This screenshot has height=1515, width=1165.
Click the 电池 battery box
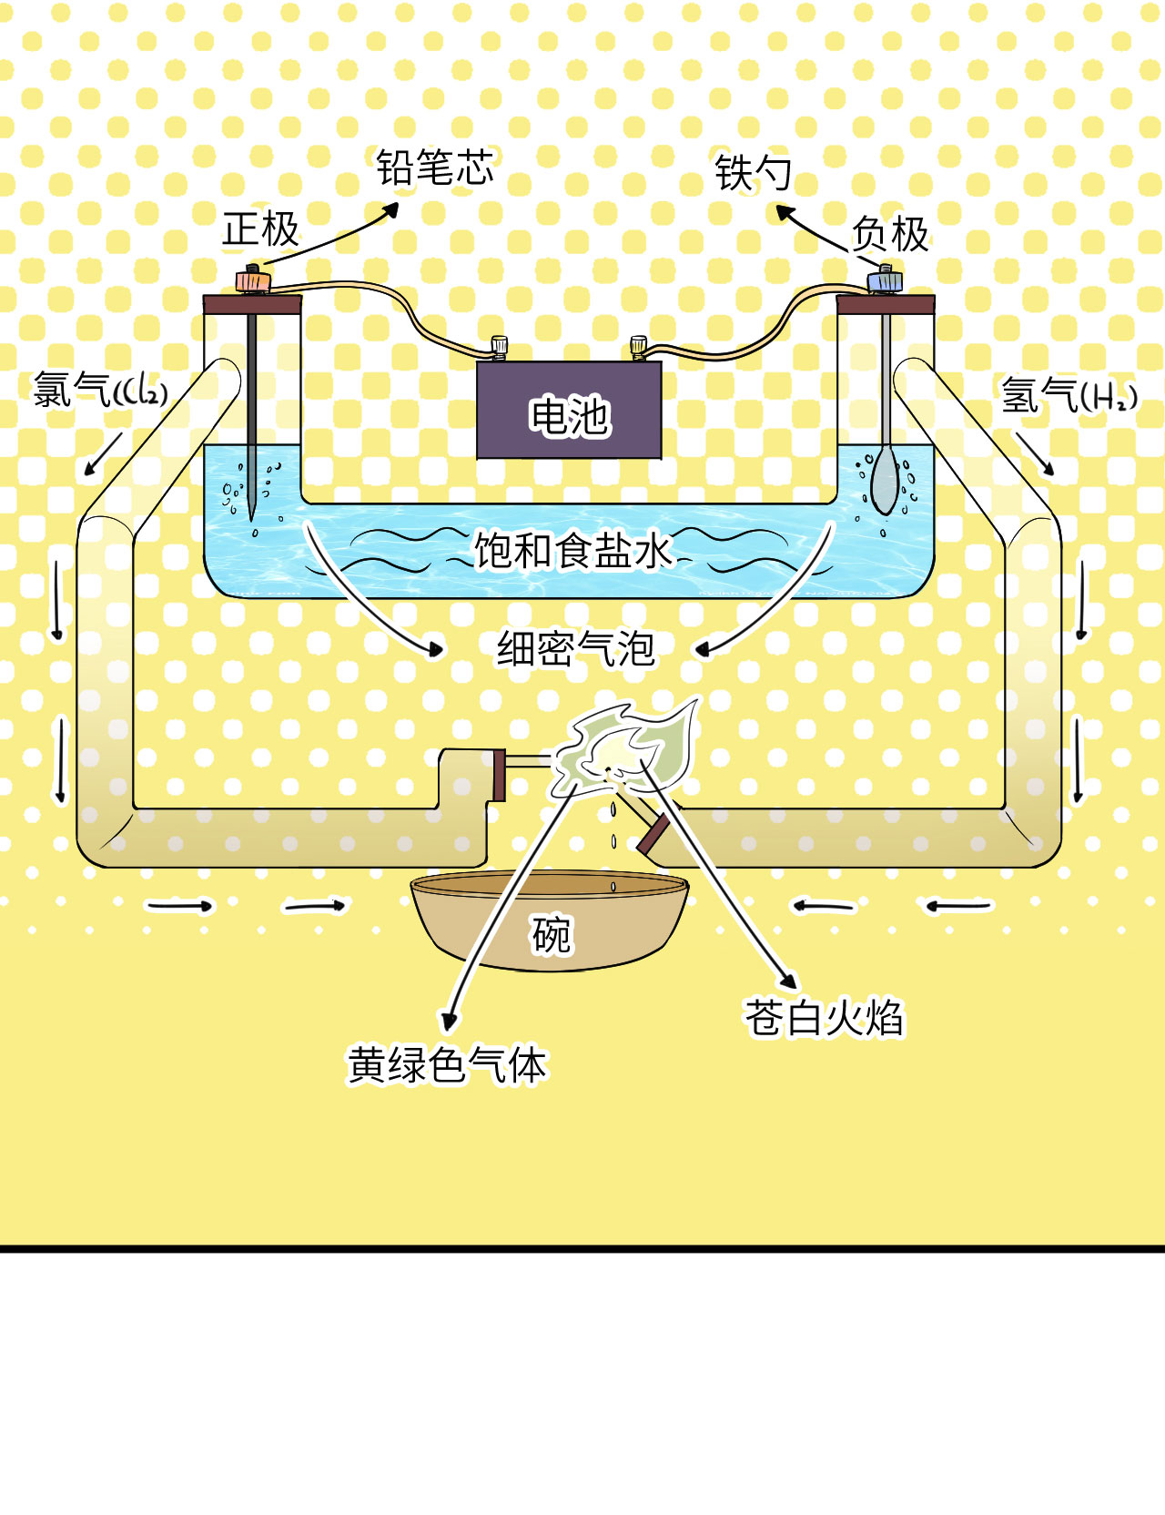[569, 411]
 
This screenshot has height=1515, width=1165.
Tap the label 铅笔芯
[435, 168]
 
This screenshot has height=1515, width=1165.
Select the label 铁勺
[753, 173]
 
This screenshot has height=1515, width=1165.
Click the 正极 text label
[260, 229]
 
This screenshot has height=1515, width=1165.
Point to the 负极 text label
[890, 235]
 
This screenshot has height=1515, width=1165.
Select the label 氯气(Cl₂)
[100, 391]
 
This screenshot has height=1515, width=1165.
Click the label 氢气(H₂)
[1069, 395]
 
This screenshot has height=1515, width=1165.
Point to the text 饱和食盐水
[572, 551]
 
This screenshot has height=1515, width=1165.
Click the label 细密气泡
[575, 649]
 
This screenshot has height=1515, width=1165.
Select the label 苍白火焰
[824, 1018]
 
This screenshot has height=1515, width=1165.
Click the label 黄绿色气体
[447, 1065]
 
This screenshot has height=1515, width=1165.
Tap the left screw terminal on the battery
[499, 347]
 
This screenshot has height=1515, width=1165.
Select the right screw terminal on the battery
[638, 347]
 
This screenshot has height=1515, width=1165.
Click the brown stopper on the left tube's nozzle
[499, 775]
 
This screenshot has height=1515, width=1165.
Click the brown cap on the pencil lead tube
[252, 304]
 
